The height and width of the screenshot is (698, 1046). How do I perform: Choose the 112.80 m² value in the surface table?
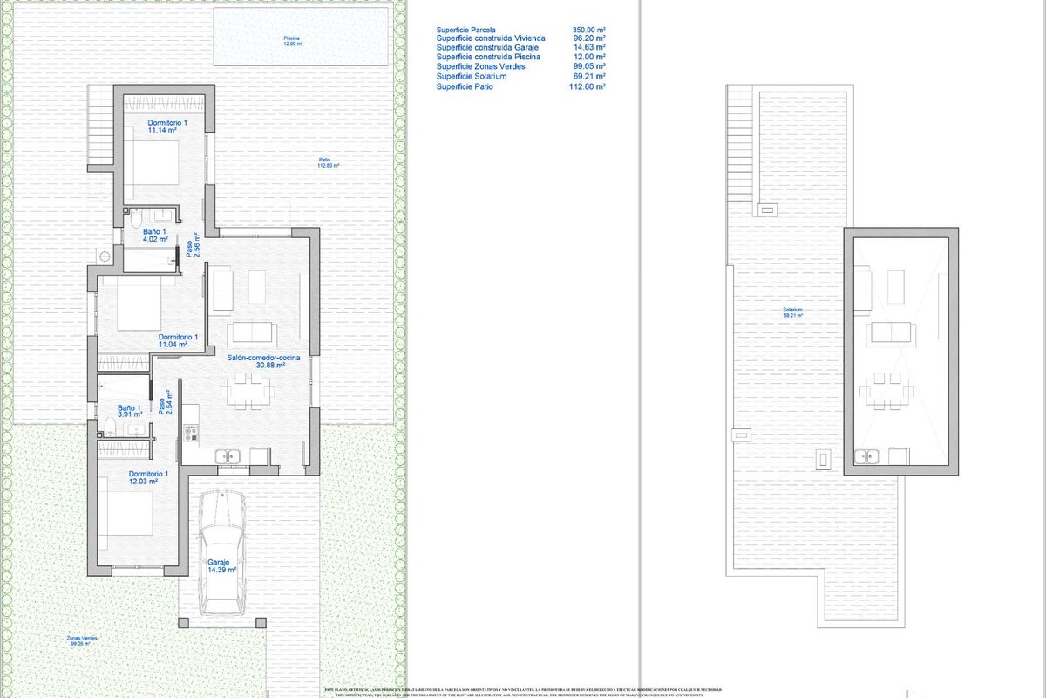[x=588, y=86]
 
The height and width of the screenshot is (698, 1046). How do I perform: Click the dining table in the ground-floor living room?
[x=247, y=391]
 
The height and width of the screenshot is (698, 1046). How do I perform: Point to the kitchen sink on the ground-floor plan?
[x=228, y=455]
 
